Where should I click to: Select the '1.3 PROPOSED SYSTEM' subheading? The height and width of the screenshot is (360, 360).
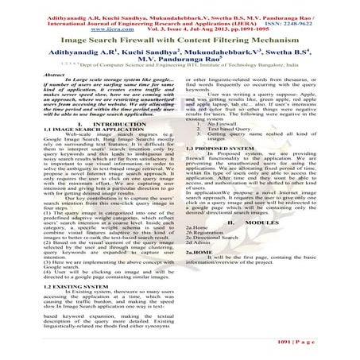click(x=214, y=148)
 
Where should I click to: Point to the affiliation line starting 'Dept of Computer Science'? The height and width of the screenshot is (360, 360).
click(x=190, y=64)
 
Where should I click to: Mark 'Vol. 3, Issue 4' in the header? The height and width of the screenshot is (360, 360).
click(x=176, y=23)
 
